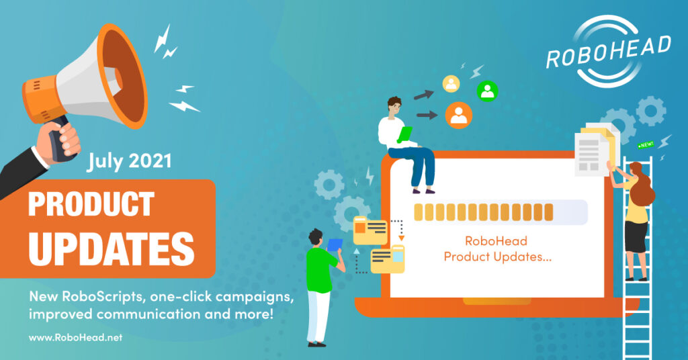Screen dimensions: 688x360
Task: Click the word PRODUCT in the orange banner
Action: pyautogui.click(x=91, y=204)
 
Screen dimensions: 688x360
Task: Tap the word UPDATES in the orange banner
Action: pyautogui.click(x=112, y=249)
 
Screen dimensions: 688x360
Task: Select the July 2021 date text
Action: pyautogui.click(x=128, y=161)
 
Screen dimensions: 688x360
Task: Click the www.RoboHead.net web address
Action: pyautogui.click(x=75, y=338)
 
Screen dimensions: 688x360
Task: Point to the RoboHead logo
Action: pyautogui.click(x=608, y=51)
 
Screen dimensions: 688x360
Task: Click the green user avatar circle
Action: pyautogui.click(x=488, y=91)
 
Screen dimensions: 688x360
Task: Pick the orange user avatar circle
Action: pyautogui.click(x=459, y=115)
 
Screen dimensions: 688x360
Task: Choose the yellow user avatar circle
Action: pyautogui.click(x=451, y=84)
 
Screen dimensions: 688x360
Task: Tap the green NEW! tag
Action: pyautogui.click(x=646, y=144)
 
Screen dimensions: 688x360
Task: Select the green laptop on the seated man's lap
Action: pyautogui.click(x=405, y=134)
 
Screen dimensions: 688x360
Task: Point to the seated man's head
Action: pyautogui.click(x=394, y=107)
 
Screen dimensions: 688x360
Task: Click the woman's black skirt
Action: pyautogui.click(x=636, y=237)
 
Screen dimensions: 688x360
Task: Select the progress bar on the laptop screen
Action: pyautogui.click(x=501, y=212)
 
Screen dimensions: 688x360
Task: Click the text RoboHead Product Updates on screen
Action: pyautogui.click(x=497, y=249)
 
